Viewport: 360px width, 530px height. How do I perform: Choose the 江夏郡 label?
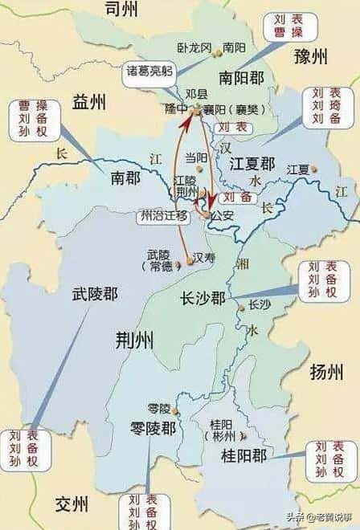[x=252, y=163]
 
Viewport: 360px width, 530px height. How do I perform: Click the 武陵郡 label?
[x=93, y=295]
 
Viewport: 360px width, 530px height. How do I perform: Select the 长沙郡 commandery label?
[x=202, y=297]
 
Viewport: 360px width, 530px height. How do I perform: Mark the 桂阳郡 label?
[x=243, y=455]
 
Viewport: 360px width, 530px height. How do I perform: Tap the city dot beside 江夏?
[x=314, y=169]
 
